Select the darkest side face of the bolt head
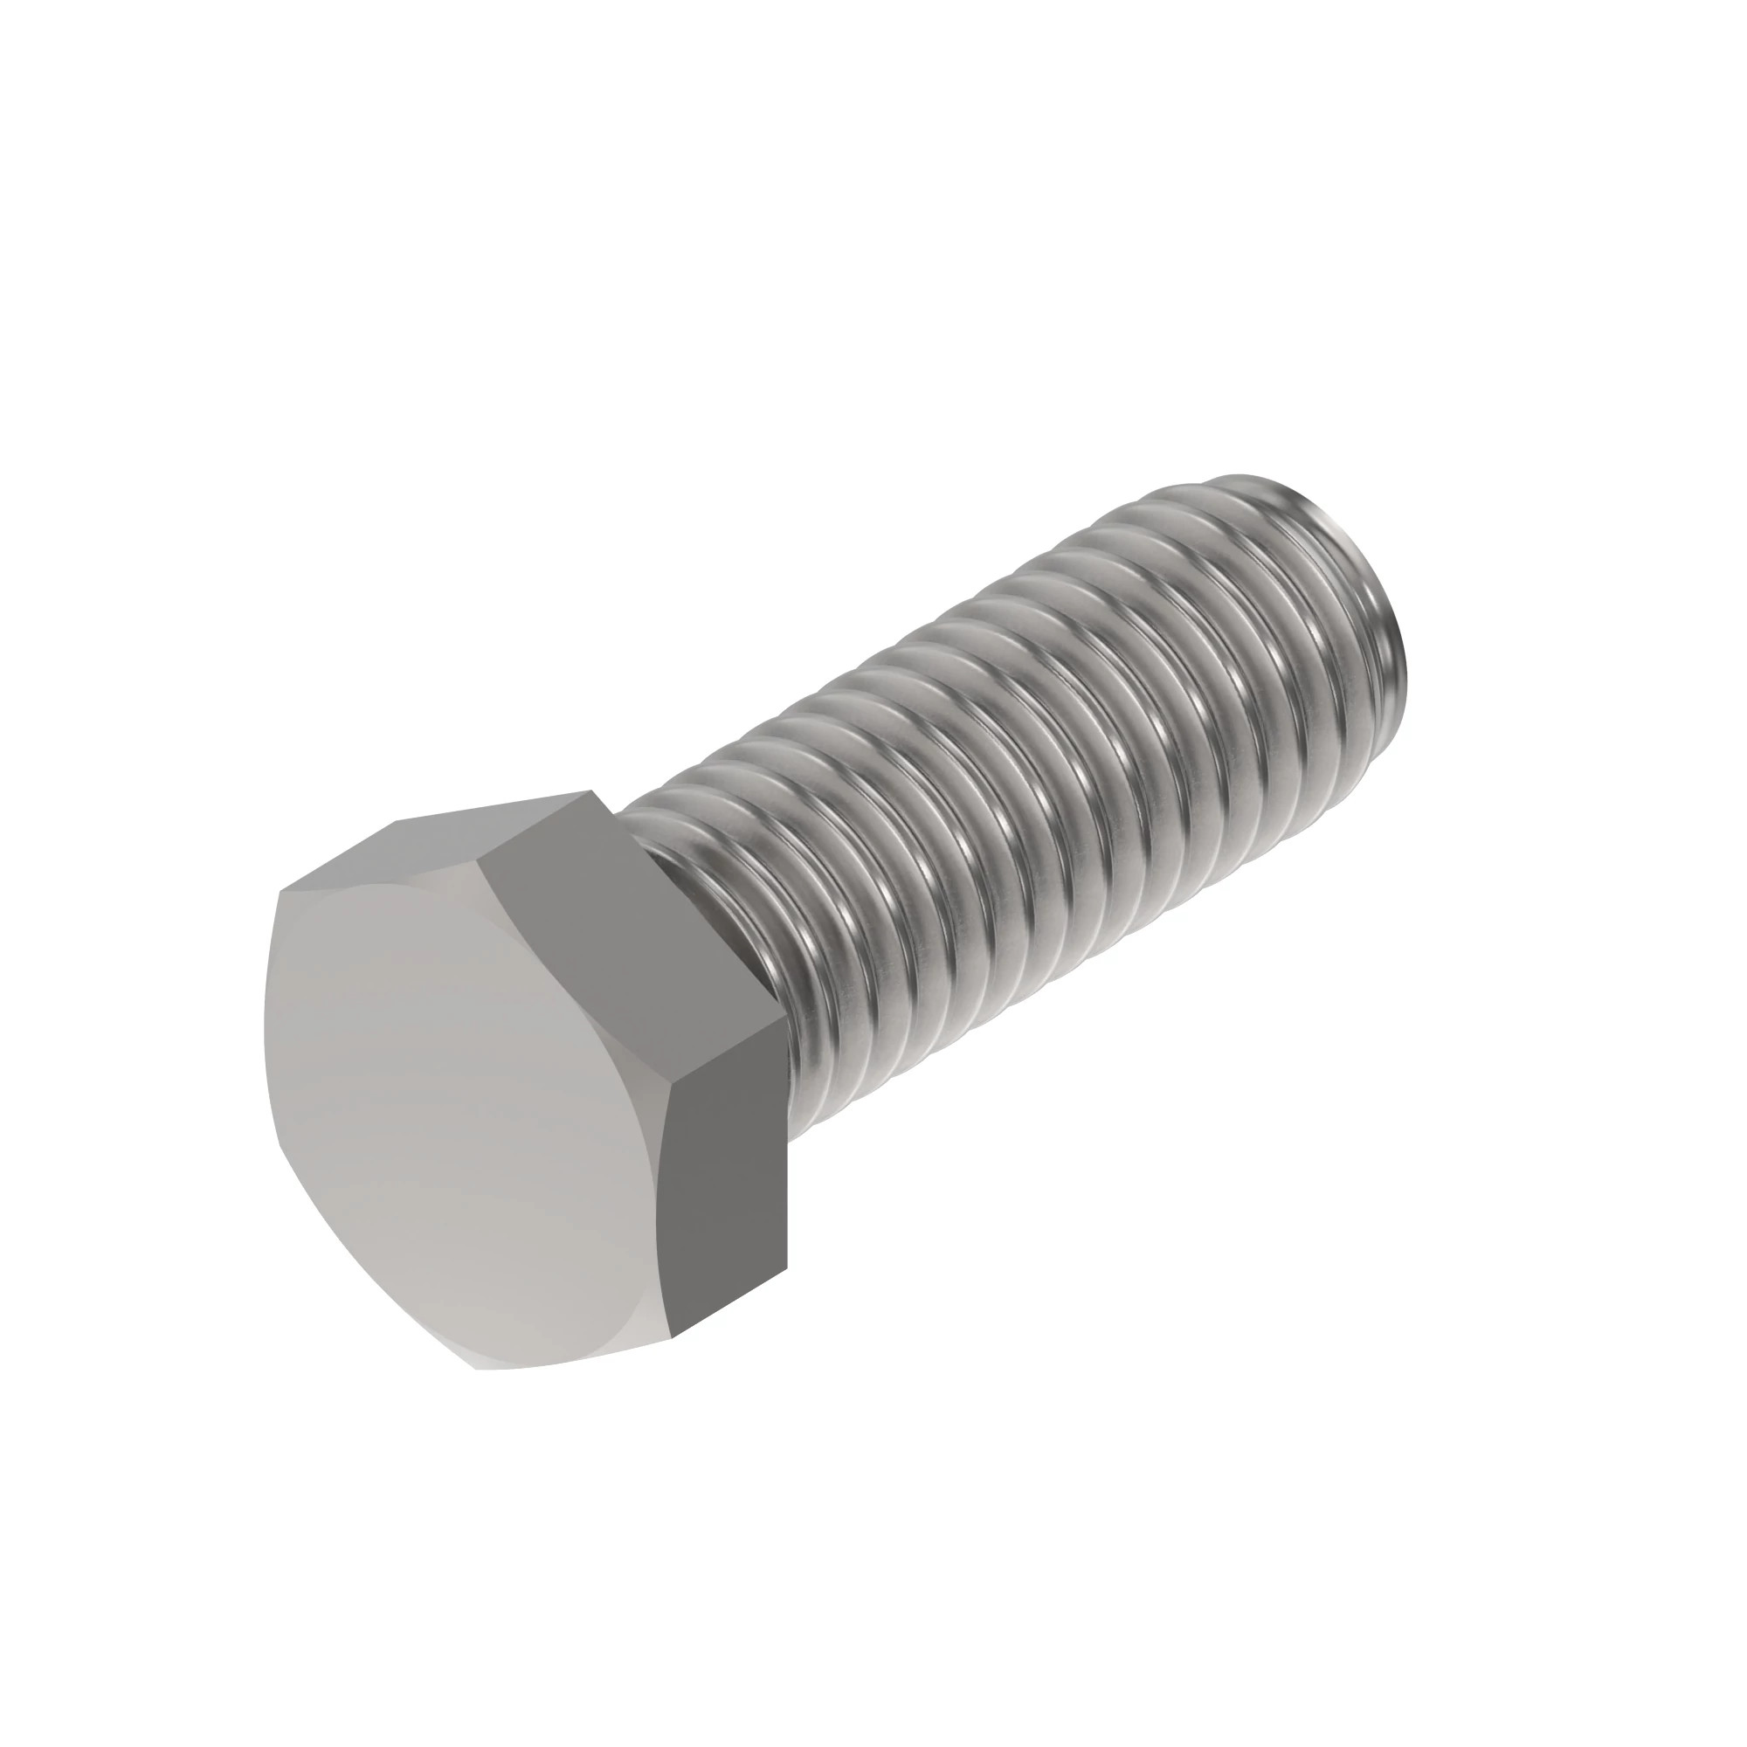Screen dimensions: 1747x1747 (x=723, y=1176)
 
